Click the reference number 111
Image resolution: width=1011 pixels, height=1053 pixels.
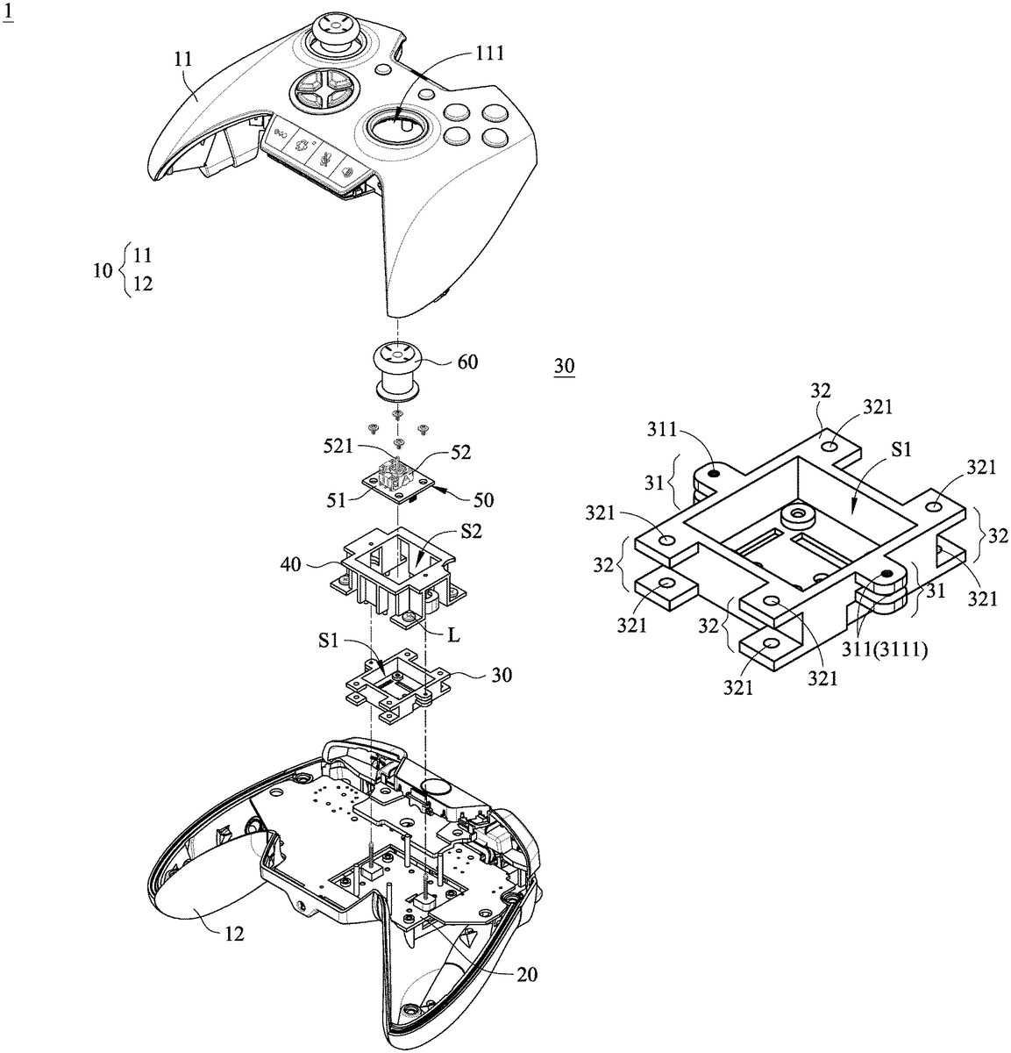tap(490, 53)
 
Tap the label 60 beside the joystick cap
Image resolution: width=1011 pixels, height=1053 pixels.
tap(467, 362)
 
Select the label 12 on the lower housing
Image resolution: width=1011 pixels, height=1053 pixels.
tap(233, 935)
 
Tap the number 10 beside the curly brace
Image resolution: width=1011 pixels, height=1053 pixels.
tap(103, 270)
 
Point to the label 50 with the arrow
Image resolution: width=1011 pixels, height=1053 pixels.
tap(482, 499)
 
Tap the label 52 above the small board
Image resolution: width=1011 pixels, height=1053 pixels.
tap(460, 453)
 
